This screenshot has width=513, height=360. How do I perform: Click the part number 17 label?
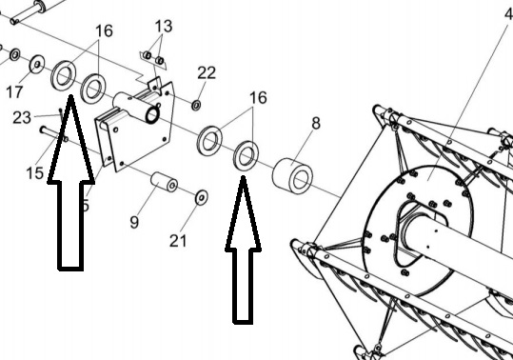(14, 92)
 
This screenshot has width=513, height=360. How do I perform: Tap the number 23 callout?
(22, 117)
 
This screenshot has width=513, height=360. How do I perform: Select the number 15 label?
(34, 172)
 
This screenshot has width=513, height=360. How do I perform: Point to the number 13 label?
(164, 26)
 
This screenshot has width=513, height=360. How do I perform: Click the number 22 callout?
(207, 72)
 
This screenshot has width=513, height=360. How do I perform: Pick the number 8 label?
(316, 124)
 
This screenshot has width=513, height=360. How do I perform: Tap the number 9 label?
(134, 222)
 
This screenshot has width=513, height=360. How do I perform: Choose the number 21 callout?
(178, 241)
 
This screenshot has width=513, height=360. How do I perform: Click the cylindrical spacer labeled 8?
(292, 176)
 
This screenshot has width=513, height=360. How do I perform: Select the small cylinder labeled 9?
(164, 182)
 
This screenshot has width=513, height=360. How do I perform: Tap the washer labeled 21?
(201, 197)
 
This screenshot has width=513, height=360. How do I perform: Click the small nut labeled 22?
(196, 106)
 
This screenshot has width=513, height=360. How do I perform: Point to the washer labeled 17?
(37, 65)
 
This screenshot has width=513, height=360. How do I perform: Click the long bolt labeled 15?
(54, 134)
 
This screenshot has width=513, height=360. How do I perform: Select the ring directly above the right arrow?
(246, 155)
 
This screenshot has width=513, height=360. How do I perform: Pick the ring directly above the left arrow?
(64, 76)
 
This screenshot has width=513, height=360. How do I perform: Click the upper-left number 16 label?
(104, 31)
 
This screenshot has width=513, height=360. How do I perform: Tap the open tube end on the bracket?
(152, 115)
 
